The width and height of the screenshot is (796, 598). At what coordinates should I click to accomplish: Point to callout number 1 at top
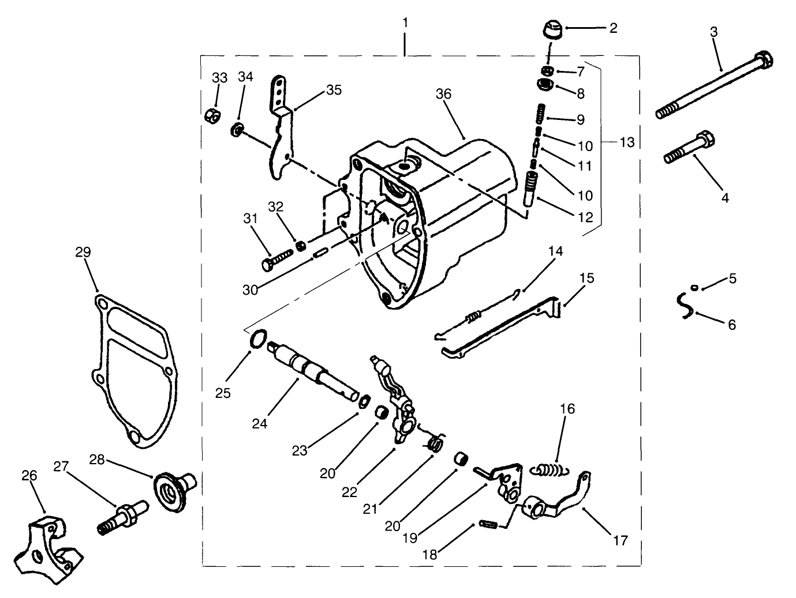tap(405, 22)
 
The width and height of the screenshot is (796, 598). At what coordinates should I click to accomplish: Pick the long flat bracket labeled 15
tap(502, 329)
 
